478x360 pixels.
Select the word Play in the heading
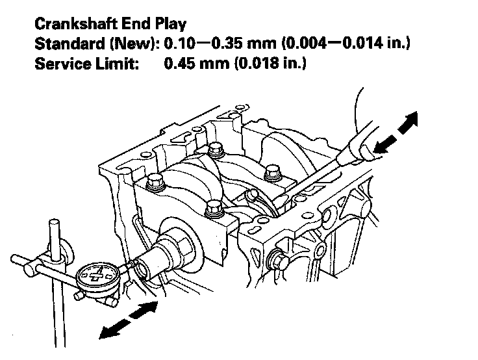(169, 25)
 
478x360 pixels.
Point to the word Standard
(66, 44)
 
